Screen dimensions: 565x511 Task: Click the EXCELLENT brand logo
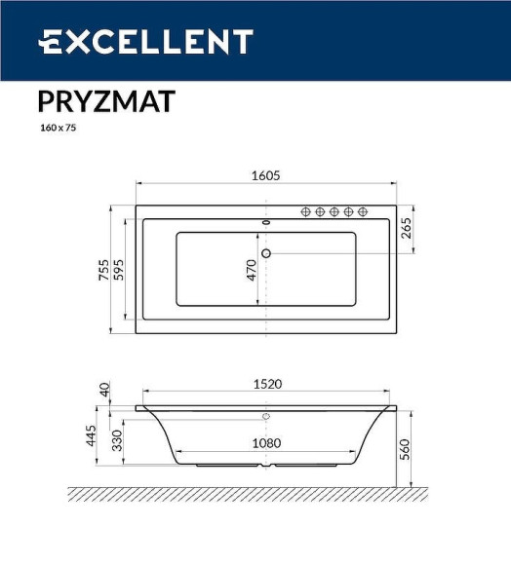pos(146,42)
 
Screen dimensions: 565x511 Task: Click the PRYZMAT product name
pos(106,101)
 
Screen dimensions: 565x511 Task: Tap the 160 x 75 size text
pos(58,128)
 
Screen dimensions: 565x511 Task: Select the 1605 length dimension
pos(265,175)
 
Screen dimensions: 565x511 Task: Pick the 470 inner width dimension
pos(252,270)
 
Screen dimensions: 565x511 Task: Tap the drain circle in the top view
pos(265,254)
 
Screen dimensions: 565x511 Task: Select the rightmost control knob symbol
pos(362,211)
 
